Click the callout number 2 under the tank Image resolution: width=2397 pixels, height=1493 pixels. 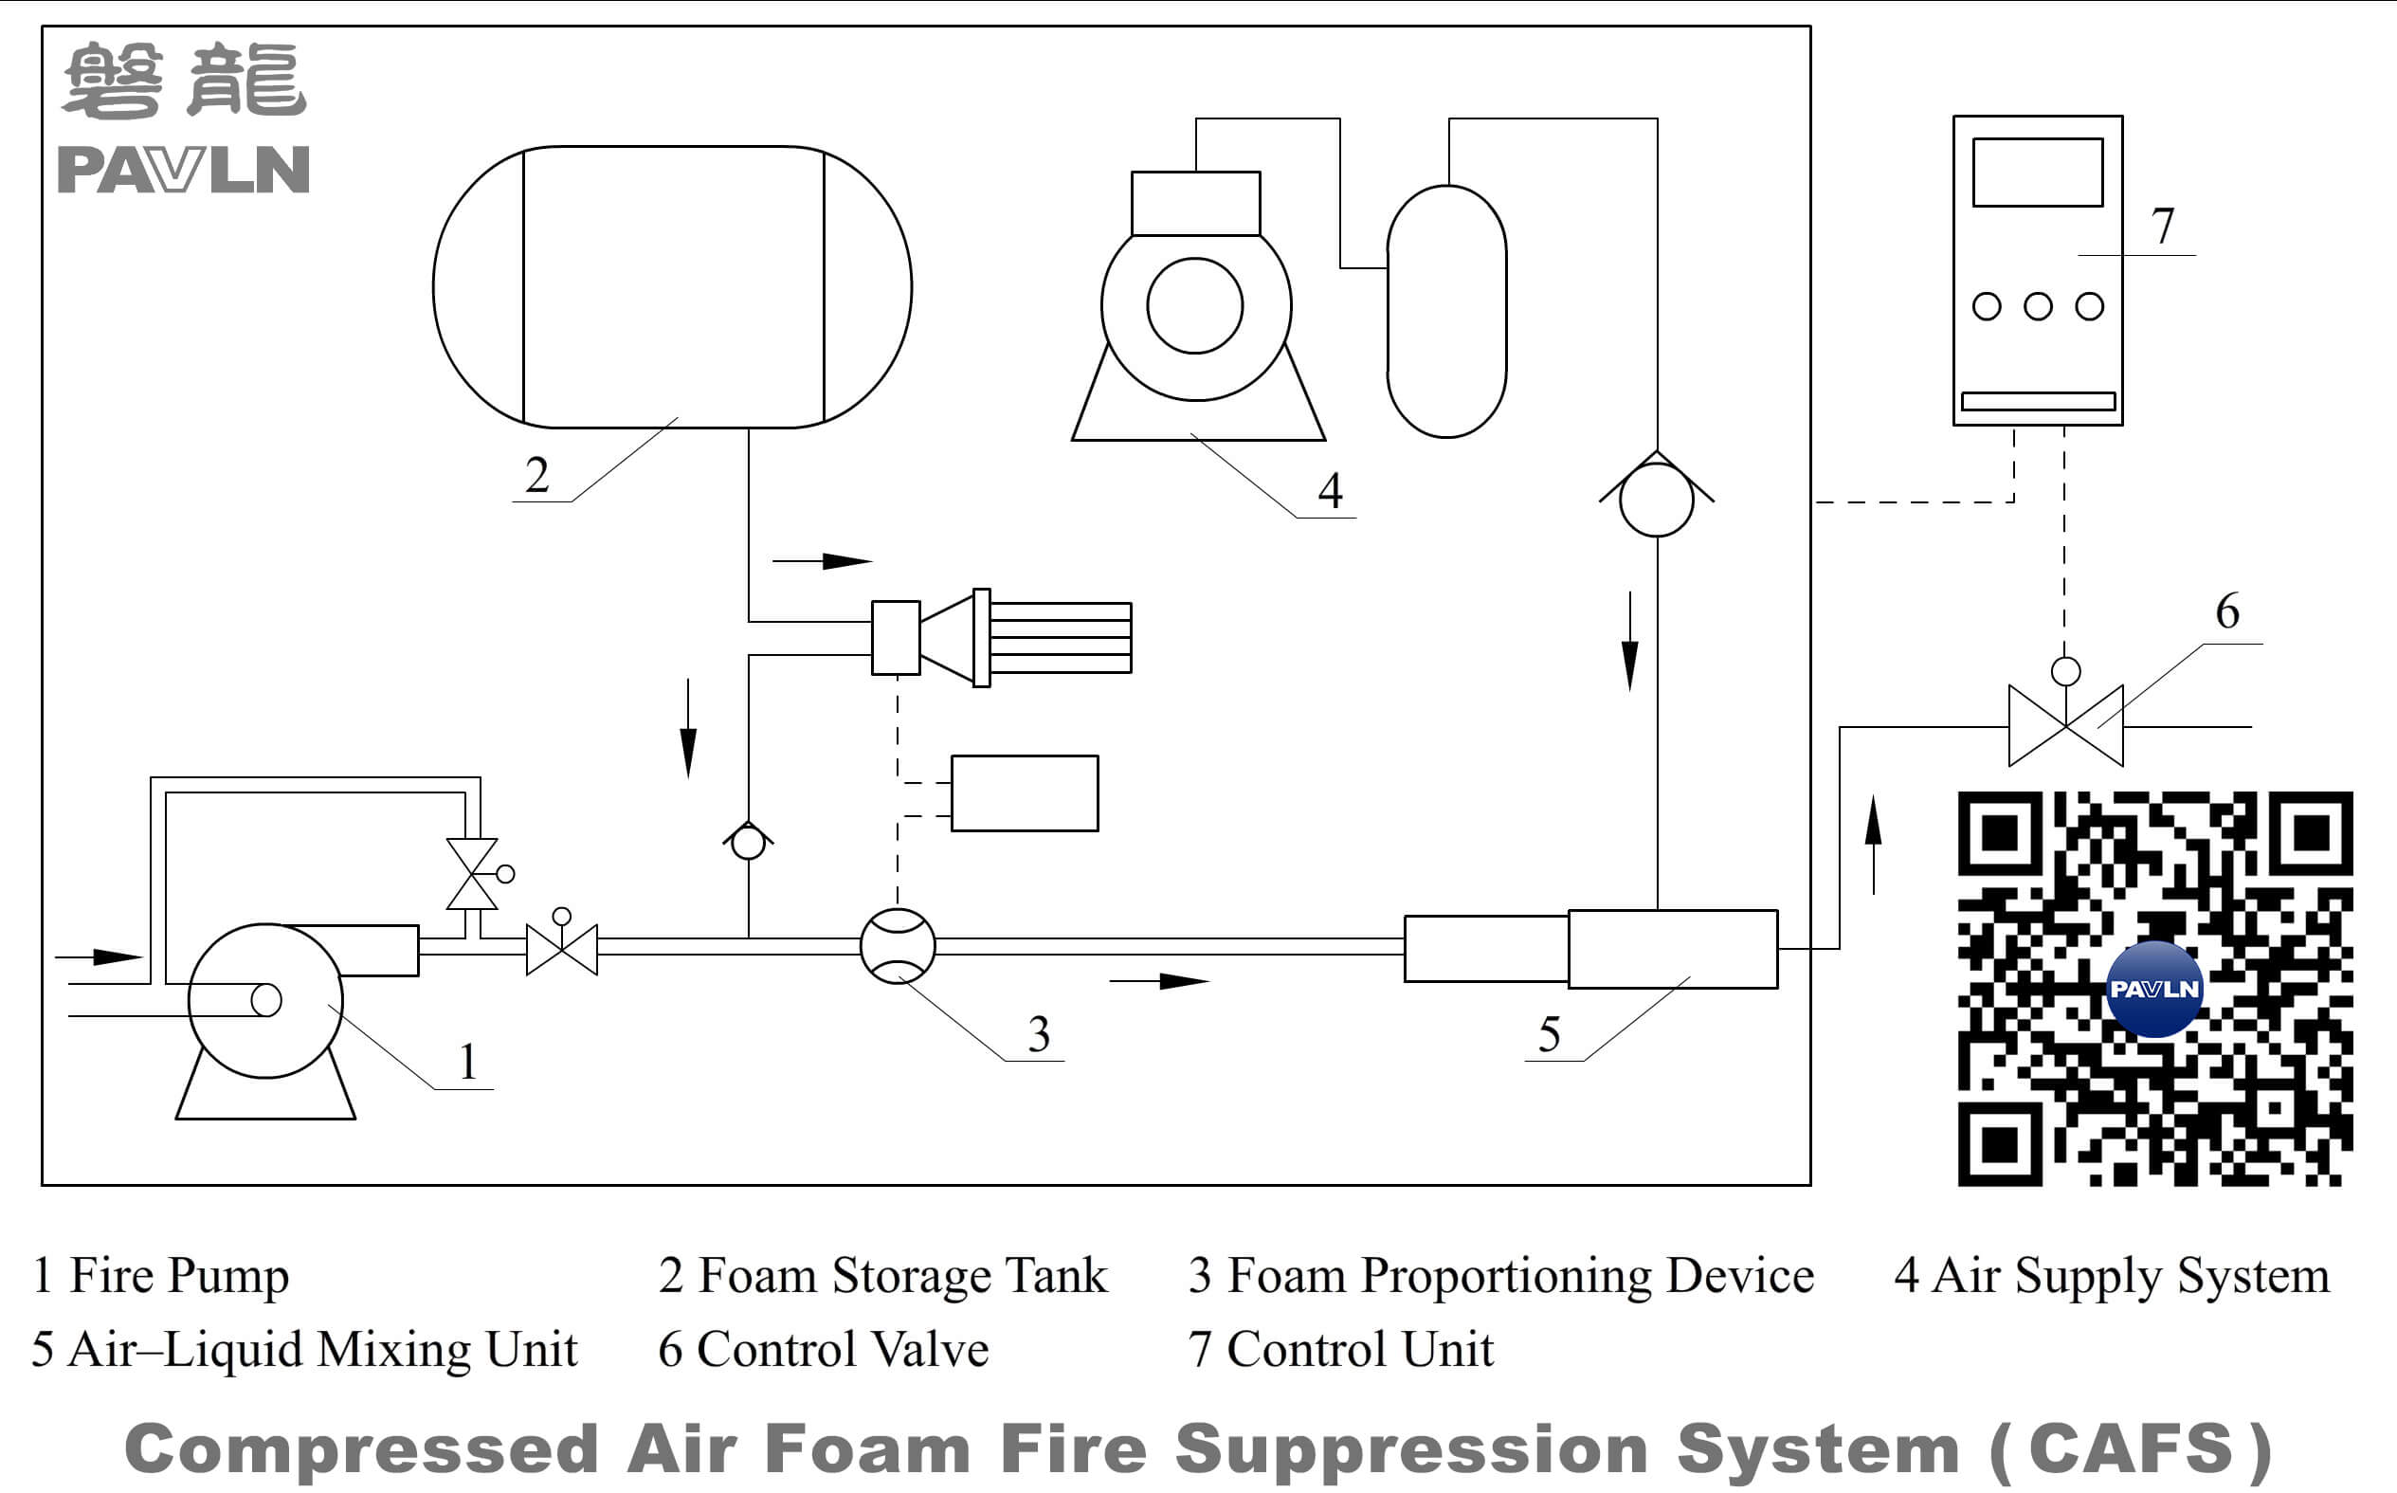pos(536,475)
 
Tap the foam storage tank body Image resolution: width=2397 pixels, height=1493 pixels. pos(672,287)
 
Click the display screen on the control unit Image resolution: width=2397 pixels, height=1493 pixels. pos(2037,173)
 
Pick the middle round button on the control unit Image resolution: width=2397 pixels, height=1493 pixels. pos(2038,306)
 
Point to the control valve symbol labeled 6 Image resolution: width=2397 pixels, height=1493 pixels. pos(2065,726)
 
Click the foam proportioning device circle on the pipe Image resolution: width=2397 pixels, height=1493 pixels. pos(898,946)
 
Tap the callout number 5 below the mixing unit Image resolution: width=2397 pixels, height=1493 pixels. pos(1549,1035)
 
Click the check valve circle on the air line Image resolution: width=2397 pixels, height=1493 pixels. pos(1657,500)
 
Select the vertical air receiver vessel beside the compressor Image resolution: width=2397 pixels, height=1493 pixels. pos(1446,311)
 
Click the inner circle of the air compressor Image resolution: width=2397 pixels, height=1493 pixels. pos(1194,306)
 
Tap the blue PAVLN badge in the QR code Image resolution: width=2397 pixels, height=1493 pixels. pos(2153,989)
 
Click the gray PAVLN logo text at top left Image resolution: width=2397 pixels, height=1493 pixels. pos(184,170)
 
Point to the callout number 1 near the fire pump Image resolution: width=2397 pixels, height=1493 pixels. pos(468,1063)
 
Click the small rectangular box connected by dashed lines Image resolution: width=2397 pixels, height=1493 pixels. pos(1024,792)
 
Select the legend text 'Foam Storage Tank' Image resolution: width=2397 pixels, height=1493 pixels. pos(902,1275)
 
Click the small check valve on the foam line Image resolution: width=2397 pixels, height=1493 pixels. pos(749,843)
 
